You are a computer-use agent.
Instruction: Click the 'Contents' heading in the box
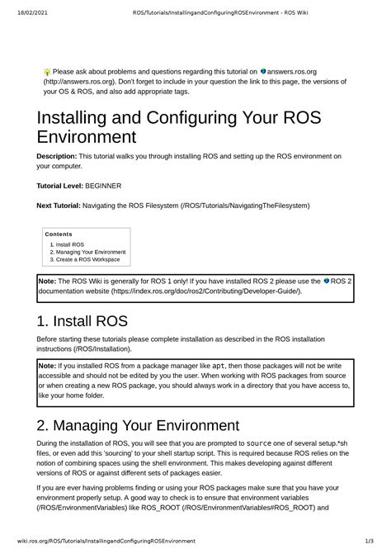pyautogui.click(x=59, y=234)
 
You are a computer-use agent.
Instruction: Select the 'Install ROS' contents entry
pyautogui.click(x=70, y=244)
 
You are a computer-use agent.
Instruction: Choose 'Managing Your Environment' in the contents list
pyautogui.click(x=91, y=252)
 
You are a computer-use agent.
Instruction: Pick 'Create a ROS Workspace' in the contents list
pyautogui.click(x=87, y=259)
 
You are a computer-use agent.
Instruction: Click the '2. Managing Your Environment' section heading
pyautogui.click(x=138, y=426)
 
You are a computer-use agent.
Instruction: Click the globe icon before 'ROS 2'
pyautogui.click(x=326, y=282)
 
